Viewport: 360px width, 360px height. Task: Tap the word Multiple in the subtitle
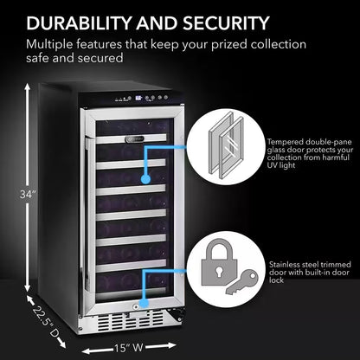pos(51,43)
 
